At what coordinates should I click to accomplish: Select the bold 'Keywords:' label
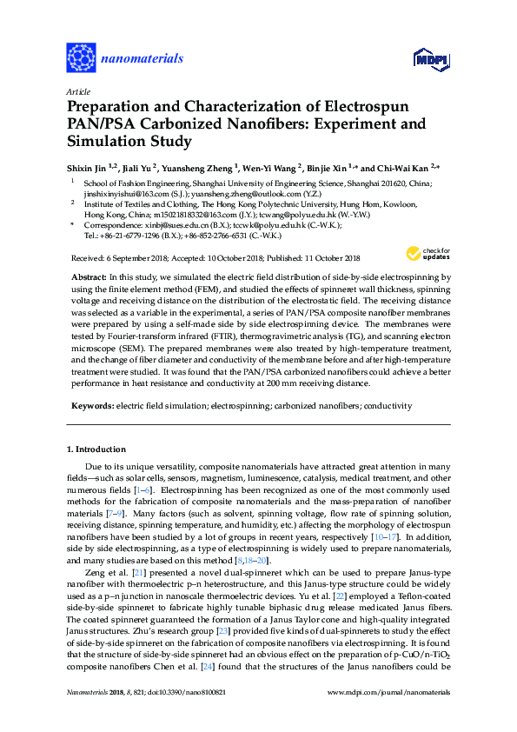pos(91,406)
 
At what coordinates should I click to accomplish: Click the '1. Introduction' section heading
pos(96,449)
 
